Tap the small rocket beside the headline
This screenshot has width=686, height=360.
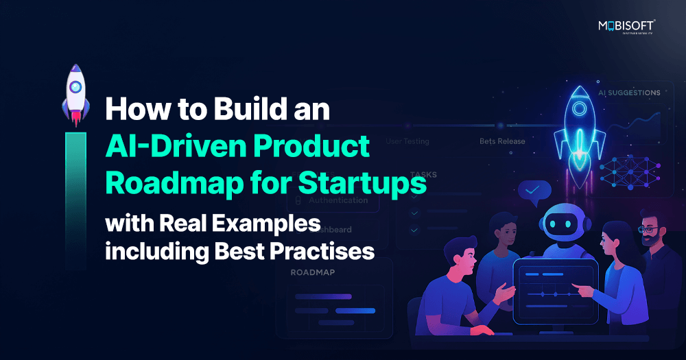click(x=75, y=93)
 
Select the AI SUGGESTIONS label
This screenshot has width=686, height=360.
click(x=629, y=93)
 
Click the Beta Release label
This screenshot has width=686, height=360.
click(x=502, y=142)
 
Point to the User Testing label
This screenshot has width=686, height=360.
click(x=407, y=142)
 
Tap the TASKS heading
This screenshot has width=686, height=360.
click(x=423, y=175)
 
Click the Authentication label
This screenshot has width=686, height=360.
click(x=338, y=201)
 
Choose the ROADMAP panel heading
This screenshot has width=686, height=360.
click(x=314, y=272)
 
